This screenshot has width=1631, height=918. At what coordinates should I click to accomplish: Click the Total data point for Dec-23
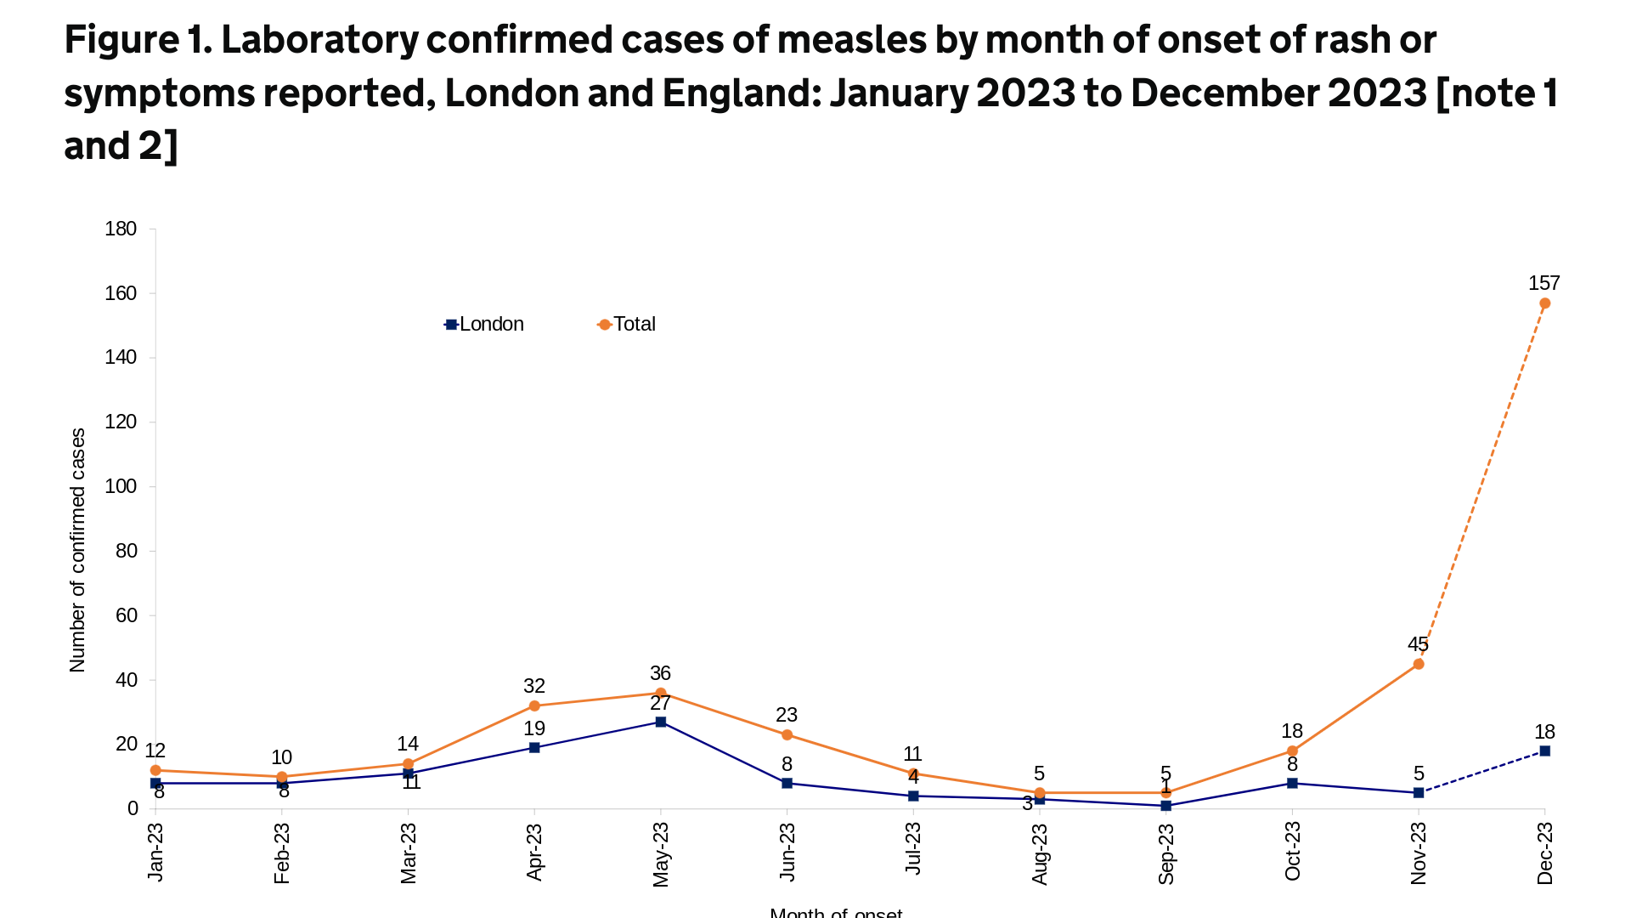click(x=1544, y=303)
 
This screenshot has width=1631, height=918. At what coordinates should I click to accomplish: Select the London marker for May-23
click(x=661, y=722)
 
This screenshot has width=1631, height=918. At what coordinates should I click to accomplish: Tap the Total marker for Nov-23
click(x=1419, y=664)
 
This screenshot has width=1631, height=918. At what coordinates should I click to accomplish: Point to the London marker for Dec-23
click(x=1544, y=751)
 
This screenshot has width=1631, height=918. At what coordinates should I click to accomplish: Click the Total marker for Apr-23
click(x=534, y=705)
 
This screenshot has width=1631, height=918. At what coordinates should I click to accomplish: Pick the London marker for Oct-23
click(x=1292, y=783)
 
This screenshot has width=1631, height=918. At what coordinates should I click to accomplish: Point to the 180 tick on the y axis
click(x=121, y=229)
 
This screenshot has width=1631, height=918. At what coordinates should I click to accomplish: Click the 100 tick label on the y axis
click(x=121, y=486)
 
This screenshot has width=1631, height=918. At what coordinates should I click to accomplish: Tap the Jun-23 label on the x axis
click(x=787, y=853)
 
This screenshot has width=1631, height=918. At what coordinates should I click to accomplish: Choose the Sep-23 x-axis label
click(x=1166, y=853)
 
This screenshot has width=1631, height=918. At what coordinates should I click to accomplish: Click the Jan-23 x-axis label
click(x=155, y=853)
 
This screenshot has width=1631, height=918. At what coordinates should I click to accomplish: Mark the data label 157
click(x=1544, y=283)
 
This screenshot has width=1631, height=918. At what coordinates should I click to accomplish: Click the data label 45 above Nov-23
click(x=1418, y=644)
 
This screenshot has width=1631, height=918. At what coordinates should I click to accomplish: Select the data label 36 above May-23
click(x=660, y=673)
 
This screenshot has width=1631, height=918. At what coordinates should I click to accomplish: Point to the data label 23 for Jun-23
click(x=787, y=715)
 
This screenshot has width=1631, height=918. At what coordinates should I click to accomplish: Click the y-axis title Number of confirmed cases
click(x=77, y=550)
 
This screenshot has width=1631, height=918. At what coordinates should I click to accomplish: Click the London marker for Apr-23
click(x=534, y=748)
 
